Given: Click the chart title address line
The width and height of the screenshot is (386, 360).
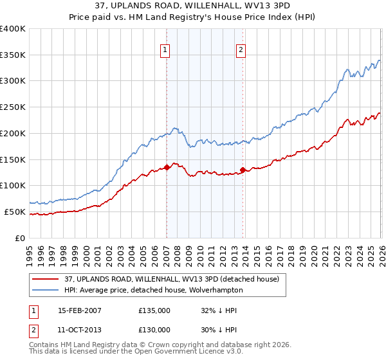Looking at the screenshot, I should click(192, 6).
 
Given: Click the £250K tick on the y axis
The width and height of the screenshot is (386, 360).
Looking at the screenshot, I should click(13, 107).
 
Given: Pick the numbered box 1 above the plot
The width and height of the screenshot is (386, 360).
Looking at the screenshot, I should click(165, 50).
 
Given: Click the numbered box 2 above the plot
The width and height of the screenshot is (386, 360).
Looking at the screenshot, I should click(241, 50).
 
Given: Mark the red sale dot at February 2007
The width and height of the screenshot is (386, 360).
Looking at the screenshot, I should click(167, 167).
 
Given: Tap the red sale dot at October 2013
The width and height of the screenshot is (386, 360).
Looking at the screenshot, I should click(243, 170).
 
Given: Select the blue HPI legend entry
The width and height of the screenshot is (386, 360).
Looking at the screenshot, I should click(153, 290).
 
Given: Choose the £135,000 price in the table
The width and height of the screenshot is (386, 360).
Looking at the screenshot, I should click(154, 310).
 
